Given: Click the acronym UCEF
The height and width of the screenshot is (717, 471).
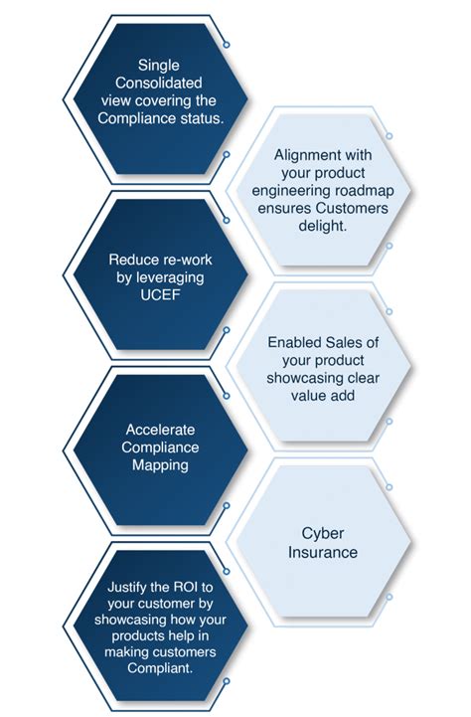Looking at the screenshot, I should [159, 294].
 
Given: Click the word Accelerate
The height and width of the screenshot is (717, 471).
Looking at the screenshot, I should [159, 430].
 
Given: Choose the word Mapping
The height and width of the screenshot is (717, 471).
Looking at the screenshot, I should [159, 464].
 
